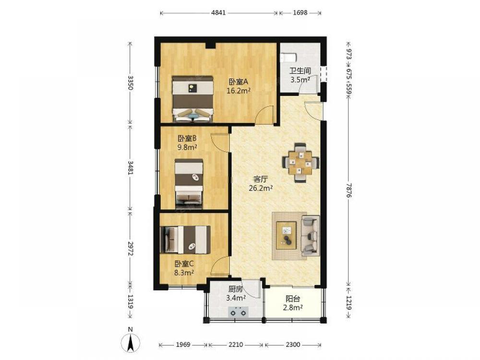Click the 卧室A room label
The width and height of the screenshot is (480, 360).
click(x=238, y=82)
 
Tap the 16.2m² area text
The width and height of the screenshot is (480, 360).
click(x=239, y=91)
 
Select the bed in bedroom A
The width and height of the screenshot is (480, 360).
click(x=192, y=99)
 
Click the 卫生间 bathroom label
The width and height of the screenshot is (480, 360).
click(x=300, y=71)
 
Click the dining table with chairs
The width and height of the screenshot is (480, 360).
click(x=300, y=163)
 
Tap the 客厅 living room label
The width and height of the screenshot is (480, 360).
click(x=261, y=179)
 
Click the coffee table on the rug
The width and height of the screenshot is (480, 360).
click(x=286, y=235)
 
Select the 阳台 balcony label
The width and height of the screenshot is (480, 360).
click(x=293, y=299)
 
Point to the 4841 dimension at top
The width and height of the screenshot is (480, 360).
click(x=218, y=12)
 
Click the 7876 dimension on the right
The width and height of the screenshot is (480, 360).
click(x=348, y=190)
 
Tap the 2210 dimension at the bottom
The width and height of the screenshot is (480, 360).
click(x=236, y=345)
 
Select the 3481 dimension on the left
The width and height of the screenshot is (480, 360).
click(x=131, y=168)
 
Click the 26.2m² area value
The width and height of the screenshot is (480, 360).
click(x=261, y=188)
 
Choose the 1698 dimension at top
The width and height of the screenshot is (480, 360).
click(x=300, y=12)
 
